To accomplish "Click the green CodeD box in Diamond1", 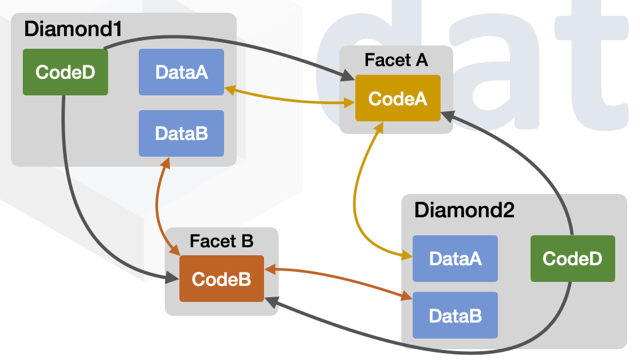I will (65, 72).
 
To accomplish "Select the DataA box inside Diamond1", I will (181, 72).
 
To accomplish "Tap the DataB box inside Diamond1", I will (181, 133).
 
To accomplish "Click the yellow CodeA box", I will (398, 98).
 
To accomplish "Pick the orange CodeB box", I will (221, 279).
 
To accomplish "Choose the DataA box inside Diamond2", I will (455, 259).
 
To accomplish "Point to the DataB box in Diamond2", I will (455, 316).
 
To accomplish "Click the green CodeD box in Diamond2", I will (572, 259).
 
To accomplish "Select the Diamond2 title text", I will (463, 211).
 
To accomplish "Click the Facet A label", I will (396, 60).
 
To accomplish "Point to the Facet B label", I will (221, 241).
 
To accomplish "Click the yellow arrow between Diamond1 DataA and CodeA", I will (290, 99).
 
